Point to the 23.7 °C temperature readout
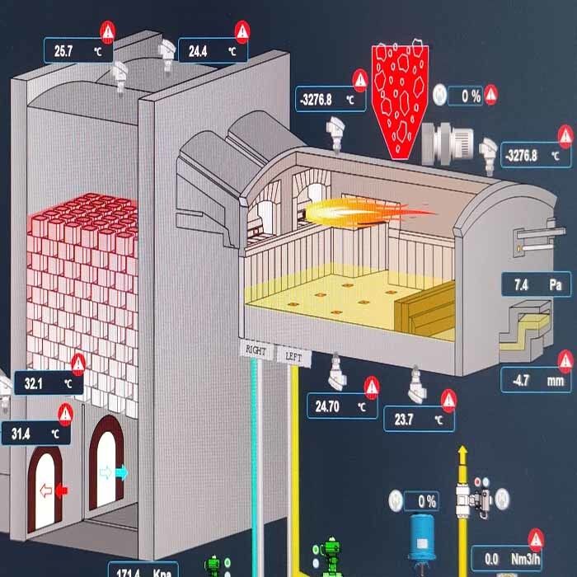pyautogui.click(x=419, y=420)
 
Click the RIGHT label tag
pyautogui.click(x=256, y=350)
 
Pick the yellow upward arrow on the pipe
pyautogui.click(x=463, y=453)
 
